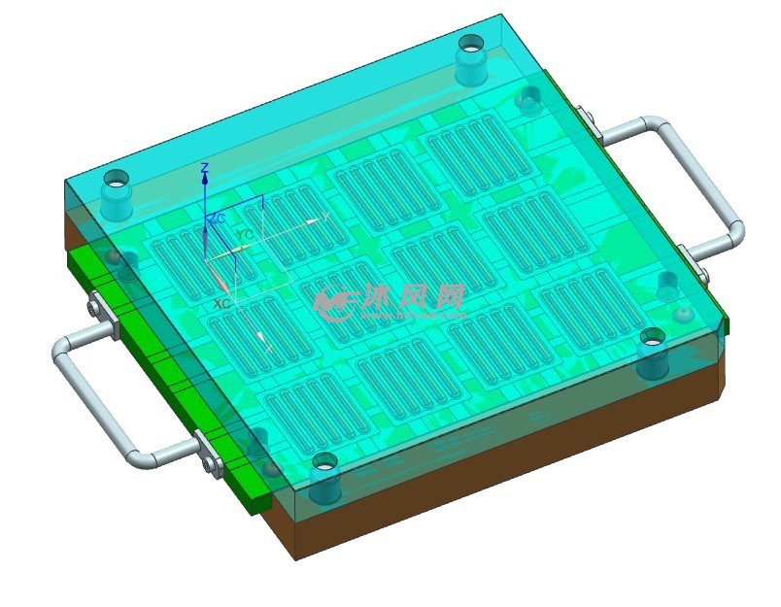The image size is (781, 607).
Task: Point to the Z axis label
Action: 204,169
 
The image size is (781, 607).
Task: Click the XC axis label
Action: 221,304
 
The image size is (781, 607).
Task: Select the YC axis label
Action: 245,235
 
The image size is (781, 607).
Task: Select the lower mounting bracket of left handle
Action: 208,455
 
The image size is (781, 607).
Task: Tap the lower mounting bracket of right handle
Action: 688,256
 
